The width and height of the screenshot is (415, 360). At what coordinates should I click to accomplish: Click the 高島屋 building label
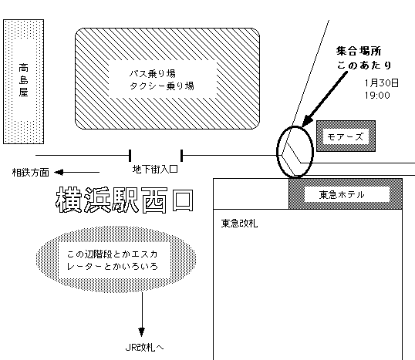point(23,80)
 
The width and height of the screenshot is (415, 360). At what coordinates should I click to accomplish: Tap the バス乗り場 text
point(153,73)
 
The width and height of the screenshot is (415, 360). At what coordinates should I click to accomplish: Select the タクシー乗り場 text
point(162,86)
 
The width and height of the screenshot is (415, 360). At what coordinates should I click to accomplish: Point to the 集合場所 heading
point(359,51)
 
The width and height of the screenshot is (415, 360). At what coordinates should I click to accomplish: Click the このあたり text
point(364,65)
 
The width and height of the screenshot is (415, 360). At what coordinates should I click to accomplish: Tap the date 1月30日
point(381,83)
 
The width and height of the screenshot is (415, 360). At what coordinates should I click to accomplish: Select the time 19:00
point(377,96)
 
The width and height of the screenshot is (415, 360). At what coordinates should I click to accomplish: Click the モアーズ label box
point(346,136)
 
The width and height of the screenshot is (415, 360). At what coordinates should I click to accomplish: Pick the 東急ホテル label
point(342,195)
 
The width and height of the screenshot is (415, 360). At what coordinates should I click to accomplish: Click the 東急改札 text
point(239,224)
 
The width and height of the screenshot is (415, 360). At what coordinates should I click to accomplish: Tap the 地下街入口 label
point(155,169)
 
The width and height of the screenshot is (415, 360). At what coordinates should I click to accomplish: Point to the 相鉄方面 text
point(31,173)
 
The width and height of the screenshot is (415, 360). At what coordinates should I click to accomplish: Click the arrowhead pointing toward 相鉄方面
point(58,173)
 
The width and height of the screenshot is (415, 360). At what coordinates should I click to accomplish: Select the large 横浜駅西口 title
point(125,200)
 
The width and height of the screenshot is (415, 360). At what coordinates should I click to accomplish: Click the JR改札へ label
point(144,348)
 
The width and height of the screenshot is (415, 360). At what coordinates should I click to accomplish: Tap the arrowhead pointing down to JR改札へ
point(142,331)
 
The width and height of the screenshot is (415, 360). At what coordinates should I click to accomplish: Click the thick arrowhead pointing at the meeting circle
point(306,121)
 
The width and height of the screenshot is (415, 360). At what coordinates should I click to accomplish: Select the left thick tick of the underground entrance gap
point(130,156)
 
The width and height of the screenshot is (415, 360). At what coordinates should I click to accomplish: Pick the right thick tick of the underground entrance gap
point(181,156)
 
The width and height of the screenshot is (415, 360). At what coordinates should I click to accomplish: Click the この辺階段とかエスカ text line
point(112,254)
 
